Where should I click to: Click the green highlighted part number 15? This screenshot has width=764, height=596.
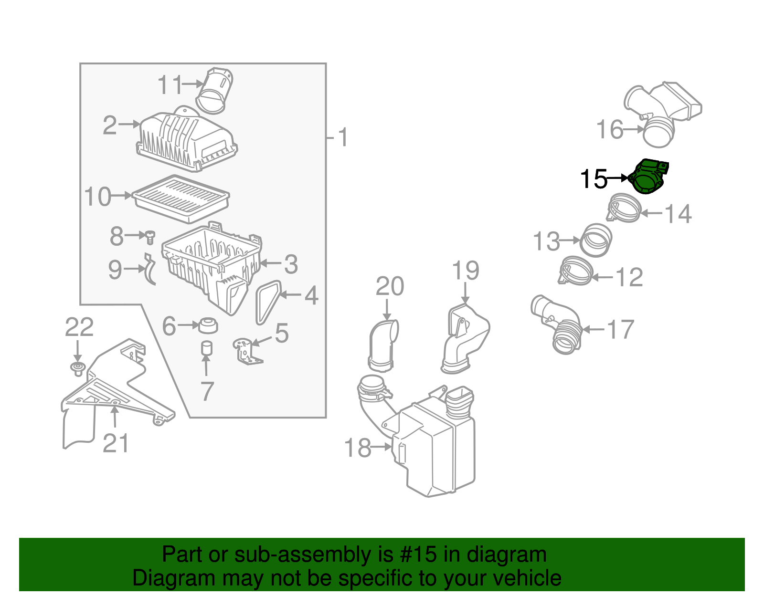click(648, 178)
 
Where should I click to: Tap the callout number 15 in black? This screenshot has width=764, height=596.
click(593, 179)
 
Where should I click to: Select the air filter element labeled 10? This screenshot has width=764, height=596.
click(180, 199)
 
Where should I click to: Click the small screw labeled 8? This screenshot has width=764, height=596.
click(150, 236)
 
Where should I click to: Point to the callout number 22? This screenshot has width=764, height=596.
click(79, 327)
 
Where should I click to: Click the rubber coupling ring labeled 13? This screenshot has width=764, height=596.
click(596, 240)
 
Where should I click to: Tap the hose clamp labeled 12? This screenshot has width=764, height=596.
click(576, 271)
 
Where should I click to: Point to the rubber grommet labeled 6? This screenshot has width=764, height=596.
click(208, 325)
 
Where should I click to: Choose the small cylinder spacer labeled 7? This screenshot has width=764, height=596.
click(206, 348)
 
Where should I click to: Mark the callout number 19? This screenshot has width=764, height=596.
click(466, 271)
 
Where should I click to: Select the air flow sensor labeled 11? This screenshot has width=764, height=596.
click(214, 91)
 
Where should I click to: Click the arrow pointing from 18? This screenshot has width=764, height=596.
click(381, 447)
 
